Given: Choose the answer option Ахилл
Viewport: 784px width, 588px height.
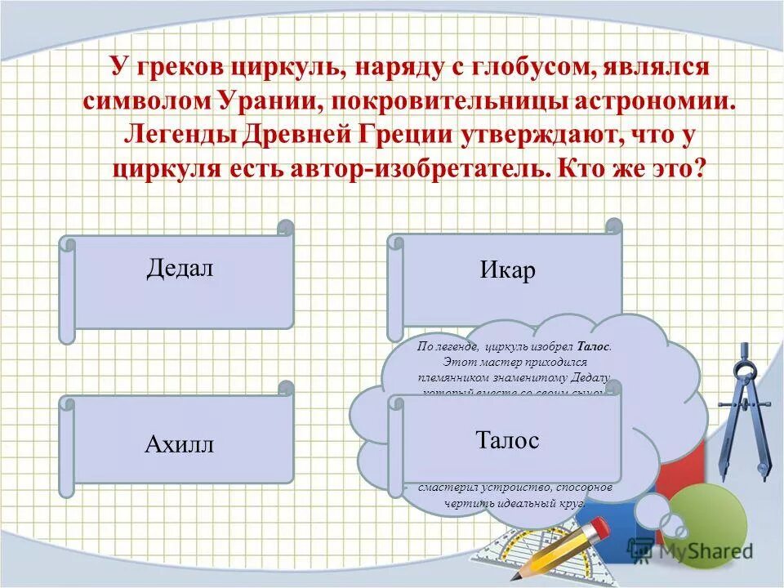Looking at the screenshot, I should [179, 444].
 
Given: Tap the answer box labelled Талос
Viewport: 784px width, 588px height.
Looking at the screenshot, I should [507, 440].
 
